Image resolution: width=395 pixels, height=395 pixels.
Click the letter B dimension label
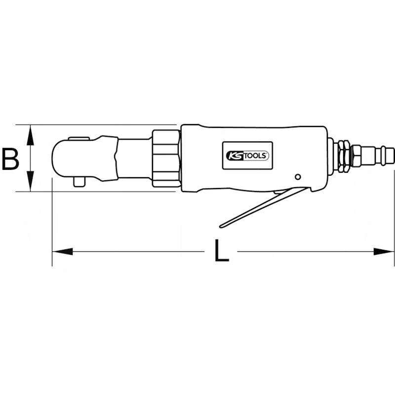(x=10, y=159)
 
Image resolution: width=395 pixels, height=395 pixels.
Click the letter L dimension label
(x=221, y=250)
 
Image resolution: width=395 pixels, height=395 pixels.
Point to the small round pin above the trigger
(x=298, y=177)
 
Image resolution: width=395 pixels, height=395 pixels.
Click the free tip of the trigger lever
(x=221, y=226)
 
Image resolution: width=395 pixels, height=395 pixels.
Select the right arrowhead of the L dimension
(x=384, y=251)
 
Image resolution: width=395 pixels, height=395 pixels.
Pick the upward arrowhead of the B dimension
(x=30, y=135)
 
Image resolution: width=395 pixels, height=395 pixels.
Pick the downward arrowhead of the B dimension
(x=30, y=181)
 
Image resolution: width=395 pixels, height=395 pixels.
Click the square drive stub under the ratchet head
(x=79, y=182)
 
